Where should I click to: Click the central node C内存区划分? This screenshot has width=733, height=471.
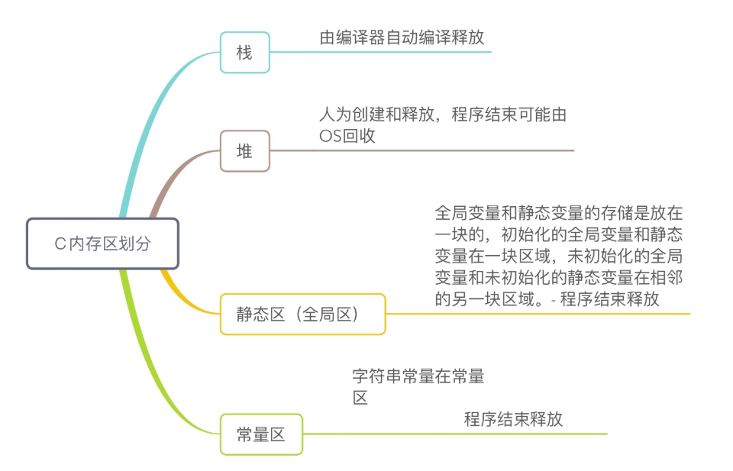pos(102,244)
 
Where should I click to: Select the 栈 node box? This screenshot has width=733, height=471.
pos(244,53)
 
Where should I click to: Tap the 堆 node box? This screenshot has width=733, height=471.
pos(244,151)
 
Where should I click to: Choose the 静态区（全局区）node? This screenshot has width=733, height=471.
pos(302,314)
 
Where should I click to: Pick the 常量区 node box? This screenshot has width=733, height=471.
pos(261,434)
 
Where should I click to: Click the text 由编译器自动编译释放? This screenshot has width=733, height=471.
pos(402,37)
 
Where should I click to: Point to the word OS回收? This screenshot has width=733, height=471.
pos(347,136)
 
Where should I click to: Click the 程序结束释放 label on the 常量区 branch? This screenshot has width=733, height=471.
pos(513,419)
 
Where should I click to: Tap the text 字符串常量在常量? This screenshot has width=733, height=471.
pos(418,376)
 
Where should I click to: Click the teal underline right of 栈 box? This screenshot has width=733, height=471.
pos(382,52)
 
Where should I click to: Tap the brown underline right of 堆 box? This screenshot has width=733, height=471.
pos(428,150)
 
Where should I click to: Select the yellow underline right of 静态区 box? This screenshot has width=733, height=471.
pos(534,314)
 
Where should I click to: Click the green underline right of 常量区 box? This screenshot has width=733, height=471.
pos(458,434)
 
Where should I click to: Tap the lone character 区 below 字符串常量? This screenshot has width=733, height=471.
pos(360,397)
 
